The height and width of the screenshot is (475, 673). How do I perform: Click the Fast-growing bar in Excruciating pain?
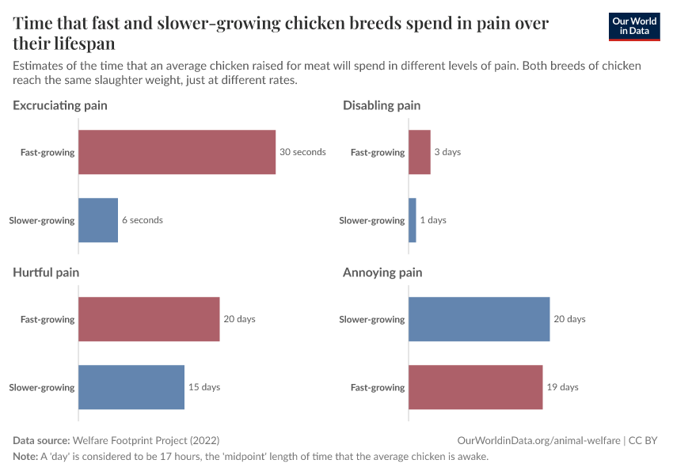pos(177,152)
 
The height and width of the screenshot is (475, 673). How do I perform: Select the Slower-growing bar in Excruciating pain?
pos(98,220)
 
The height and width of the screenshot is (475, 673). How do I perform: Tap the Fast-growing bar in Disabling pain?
pos(419,152)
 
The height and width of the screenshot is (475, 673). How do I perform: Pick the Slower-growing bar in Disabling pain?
pos(413,220)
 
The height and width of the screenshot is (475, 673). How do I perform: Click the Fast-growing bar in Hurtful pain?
pos(149,319)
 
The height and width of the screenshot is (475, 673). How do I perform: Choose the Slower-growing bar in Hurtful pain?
pos(131,387)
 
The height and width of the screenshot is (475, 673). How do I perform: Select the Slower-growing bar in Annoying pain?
pos(479,319)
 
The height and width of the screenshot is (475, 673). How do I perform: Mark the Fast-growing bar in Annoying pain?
pos(475,387)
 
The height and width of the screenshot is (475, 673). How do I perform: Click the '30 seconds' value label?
pos(302,152)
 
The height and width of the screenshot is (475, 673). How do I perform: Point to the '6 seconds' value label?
pos(143,220)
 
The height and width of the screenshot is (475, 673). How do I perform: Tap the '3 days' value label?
pos(447,152)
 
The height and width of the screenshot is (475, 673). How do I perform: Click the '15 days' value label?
pos(204,387)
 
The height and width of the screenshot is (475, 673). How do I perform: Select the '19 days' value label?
pos(563,387)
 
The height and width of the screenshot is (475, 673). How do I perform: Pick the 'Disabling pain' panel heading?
pos(382,105)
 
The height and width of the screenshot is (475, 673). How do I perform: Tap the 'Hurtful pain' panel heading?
pos(46,272)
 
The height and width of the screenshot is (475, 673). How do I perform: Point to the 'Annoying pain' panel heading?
pos(382,272)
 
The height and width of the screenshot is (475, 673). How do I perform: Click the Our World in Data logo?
pos(633,26)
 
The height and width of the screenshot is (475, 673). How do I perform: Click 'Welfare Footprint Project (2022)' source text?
pos(146,440)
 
